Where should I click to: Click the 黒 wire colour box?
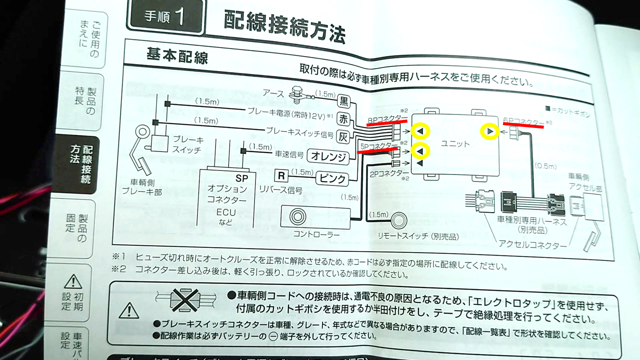[344, 102]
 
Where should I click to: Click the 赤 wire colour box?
[344, 119]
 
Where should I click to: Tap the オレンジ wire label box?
[328, 156]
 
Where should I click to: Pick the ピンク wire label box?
[331, 176]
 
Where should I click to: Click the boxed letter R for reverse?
[281, 175]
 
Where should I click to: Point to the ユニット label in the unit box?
[455, 143]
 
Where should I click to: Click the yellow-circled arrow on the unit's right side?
[489, 131]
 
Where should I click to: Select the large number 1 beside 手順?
[179, 17]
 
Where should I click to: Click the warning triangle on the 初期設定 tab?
[72, 281]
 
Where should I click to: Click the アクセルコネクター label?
[532, 245]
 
